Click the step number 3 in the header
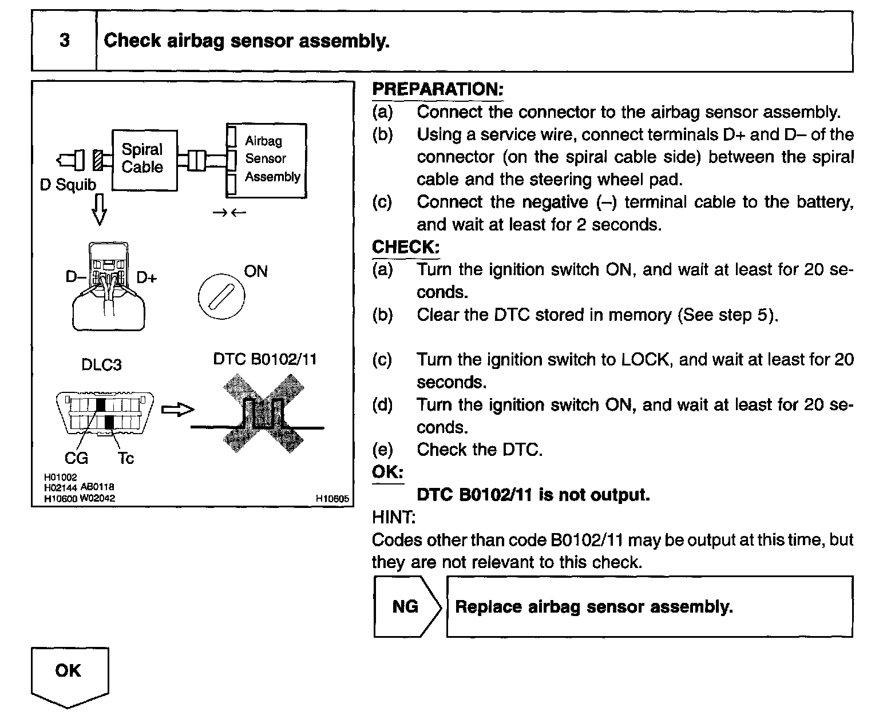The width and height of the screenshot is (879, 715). coord(64,41)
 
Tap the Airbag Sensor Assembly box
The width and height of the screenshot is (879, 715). coord(266,160)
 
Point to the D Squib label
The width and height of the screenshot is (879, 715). coord(68,185)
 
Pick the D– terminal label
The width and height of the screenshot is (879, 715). coord(75,277)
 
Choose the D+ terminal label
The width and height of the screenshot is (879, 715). coord(146,278)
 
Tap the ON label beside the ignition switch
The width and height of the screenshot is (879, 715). coord(255,271)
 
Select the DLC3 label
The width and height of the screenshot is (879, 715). coord(101,365)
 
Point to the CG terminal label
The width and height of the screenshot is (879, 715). coord(76,458)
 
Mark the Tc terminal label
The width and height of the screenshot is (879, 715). coord(126,458)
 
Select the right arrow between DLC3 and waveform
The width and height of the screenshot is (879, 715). coord(178,410)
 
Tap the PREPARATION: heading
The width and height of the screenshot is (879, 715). coord(437,89)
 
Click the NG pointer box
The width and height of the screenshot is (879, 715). coord(406,606)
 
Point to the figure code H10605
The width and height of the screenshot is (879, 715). coord(332,499)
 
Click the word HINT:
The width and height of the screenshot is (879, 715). coord(393,517)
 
